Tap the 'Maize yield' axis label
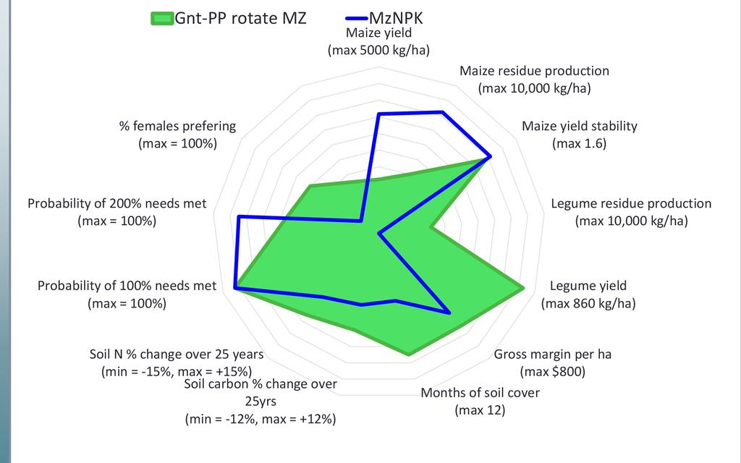coord(378,33)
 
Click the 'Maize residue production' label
coord(534,71)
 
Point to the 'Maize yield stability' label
coord(579,126)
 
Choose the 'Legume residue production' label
coord(631,203)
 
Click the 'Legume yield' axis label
coord(588,285)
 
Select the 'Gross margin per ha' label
coord(552,354)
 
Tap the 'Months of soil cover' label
coord(480,394)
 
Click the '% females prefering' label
coord(177,126)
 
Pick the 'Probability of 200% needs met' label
coord(117,203)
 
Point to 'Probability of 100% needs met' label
coord(127,286)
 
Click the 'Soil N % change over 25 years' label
coord(176,354)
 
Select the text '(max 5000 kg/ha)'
coord(378,51)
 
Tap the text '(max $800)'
coord(552,372)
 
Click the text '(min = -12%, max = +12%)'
coord(261,419)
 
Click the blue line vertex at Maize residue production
coord(442,112)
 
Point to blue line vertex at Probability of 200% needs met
coord(239,216)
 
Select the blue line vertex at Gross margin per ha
coord(449,313)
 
